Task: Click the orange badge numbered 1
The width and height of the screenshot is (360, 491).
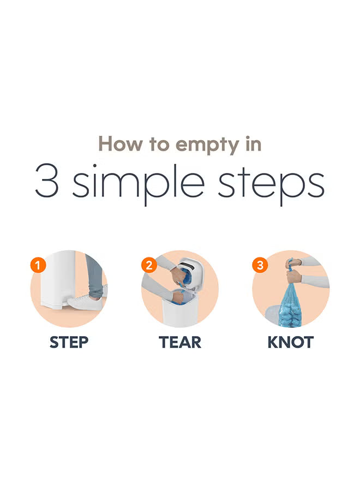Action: (x=38, y=266)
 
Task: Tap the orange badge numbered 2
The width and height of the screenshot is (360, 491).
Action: (x=149, y=266)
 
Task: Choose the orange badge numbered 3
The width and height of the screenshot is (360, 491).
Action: (x=260, y=266)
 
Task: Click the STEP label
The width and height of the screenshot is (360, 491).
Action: (x=69, y=343)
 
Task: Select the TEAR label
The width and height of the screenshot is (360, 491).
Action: (x=180, y=343)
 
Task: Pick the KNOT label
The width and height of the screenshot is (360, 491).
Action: (x=291, y=343)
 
